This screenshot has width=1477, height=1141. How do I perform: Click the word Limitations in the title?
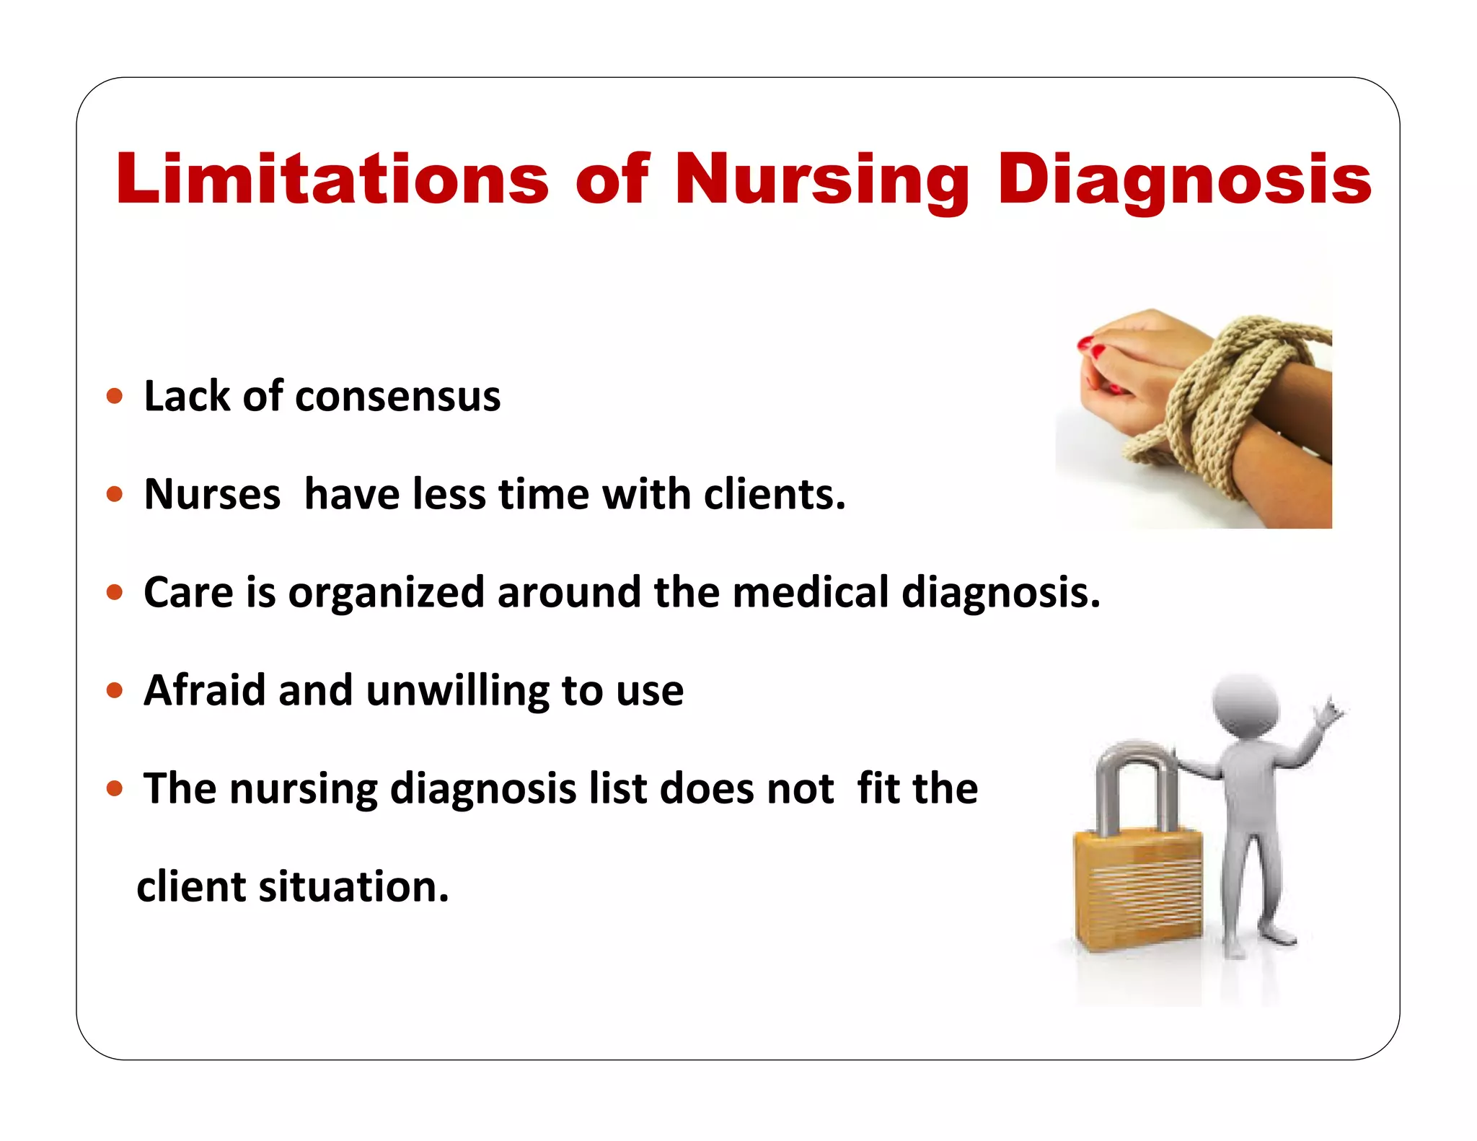click(332, 179)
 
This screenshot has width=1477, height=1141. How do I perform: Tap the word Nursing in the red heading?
click(821, 180)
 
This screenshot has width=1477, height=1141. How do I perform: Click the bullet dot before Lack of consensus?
click(114, 396)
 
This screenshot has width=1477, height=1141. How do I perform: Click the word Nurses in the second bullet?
click(212, 495)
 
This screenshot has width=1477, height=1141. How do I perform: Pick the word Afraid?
click(205, 690)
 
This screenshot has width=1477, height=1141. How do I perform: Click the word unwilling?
click(457, 691)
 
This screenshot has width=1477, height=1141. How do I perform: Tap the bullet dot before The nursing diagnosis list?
click(114, 788)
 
